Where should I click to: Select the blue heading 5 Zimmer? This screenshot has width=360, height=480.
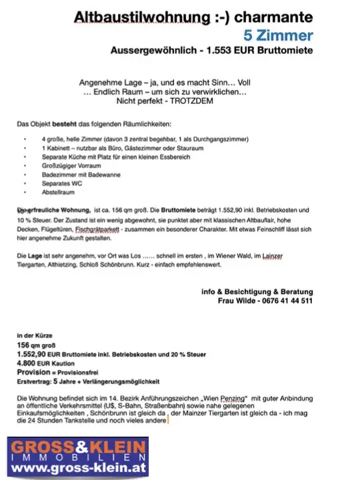279,35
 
